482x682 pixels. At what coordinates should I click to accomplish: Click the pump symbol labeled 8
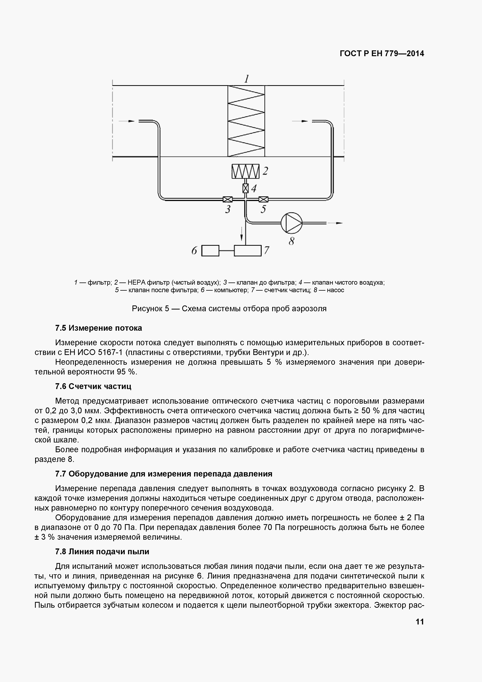click(291, 223)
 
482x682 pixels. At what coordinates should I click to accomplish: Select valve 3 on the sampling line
click(228, 199)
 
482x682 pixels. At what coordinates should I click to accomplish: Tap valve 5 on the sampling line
click(263, 199)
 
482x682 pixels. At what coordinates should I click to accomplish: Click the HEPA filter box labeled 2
click(245, 171)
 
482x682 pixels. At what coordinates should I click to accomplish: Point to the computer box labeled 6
click(210, 250)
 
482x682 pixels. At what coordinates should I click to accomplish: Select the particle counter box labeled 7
click(248, 250)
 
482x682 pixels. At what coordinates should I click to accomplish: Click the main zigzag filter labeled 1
click(246, 121)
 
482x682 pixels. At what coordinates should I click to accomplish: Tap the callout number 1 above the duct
click(246, 79)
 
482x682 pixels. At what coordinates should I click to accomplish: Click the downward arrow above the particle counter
click(242, 233)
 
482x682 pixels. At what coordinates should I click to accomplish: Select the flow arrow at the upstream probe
click(127, 121)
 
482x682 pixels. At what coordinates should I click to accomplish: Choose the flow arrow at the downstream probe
click(300, 121)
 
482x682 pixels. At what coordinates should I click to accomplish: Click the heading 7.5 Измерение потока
click(98, 328)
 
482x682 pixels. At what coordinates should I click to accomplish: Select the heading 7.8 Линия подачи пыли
click(102, 552)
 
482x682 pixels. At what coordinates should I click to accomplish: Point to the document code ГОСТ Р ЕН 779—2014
click(382, 54)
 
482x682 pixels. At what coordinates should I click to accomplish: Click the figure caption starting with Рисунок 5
click(229, 309)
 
